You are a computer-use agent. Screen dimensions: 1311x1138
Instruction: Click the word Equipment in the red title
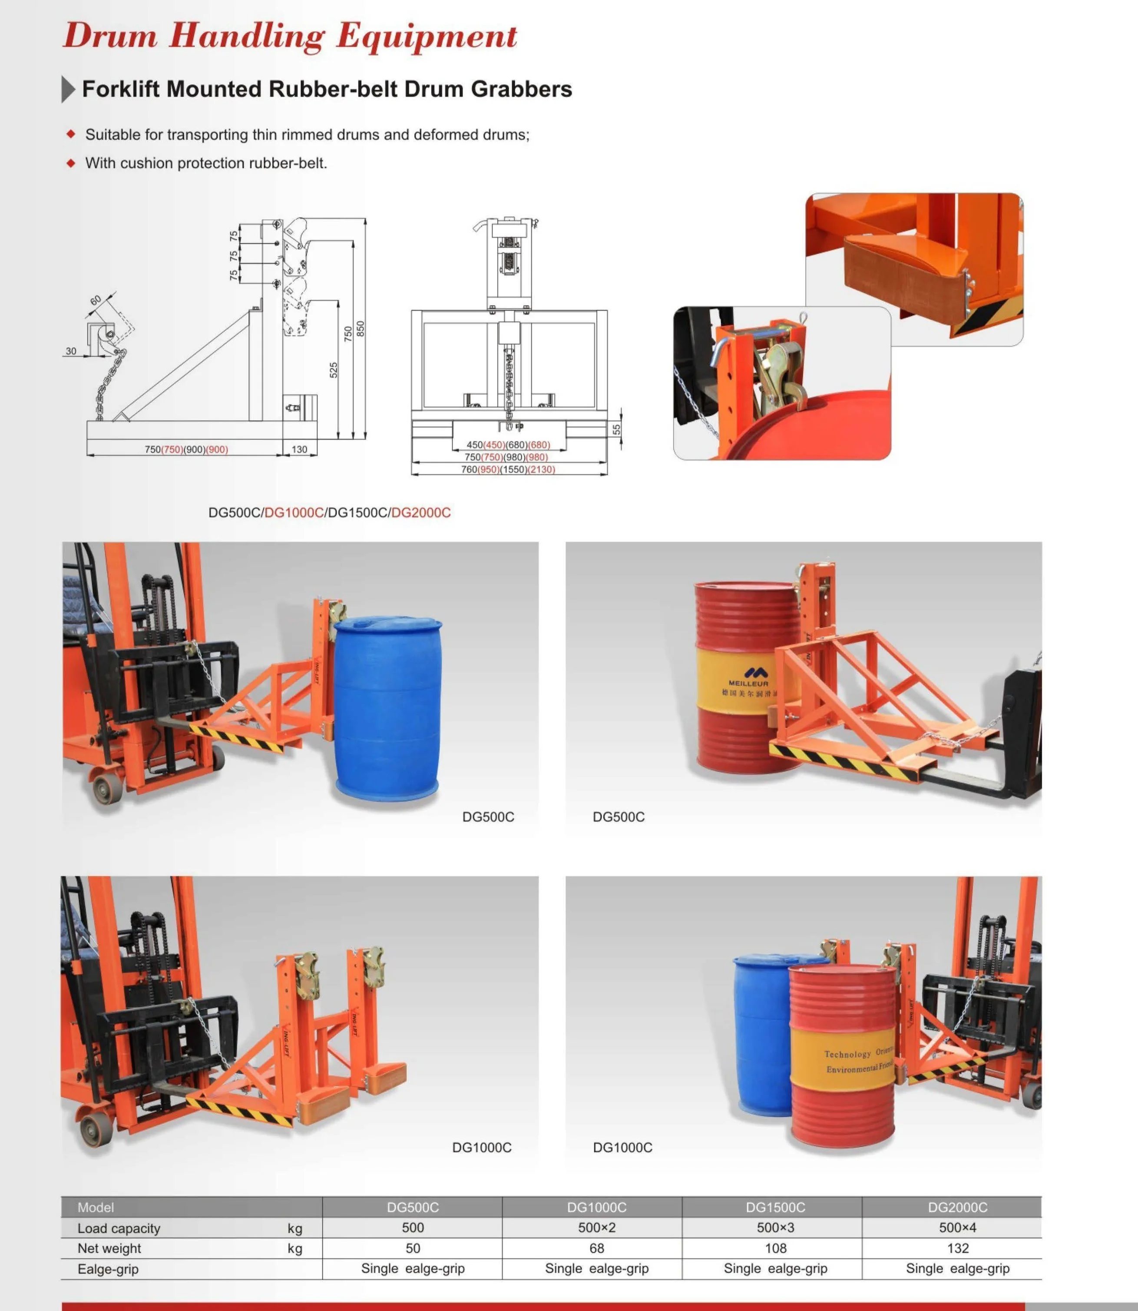point(426,36)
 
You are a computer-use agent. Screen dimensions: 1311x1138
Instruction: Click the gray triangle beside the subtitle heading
point(68,89)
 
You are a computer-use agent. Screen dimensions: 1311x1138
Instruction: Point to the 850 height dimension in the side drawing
point(360,329)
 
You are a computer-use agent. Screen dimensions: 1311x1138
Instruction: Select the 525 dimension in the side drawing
point(334,370)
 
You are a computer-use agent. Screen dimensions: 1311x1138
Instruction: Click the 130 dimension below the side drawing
point(299,450)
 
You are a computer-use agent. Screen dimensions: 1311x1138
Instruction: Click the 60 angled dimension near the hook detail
point(95,300)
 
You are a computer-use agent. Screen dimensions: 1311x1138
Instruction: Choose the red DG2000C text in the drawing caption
point(420,513)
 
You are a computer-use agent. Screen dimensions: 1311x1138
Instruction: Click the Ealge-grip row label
point(108,1269)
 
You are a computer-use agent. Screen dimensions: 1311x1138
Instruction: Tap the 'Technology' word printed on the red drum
point(847,1054)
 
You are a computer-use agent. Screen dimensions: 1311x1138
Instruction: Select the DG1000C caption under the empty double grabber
point(481,1148)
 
